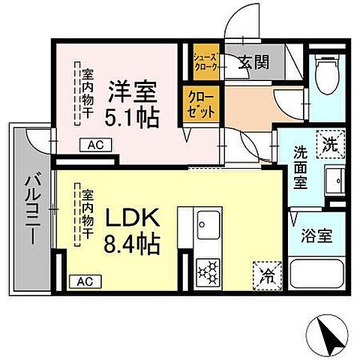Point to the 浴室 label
coord(317,235)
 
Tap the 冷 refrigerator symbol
coord(265,274)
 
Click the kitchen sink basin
coord(207,222)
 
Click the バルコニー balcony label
coord(32,206)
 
